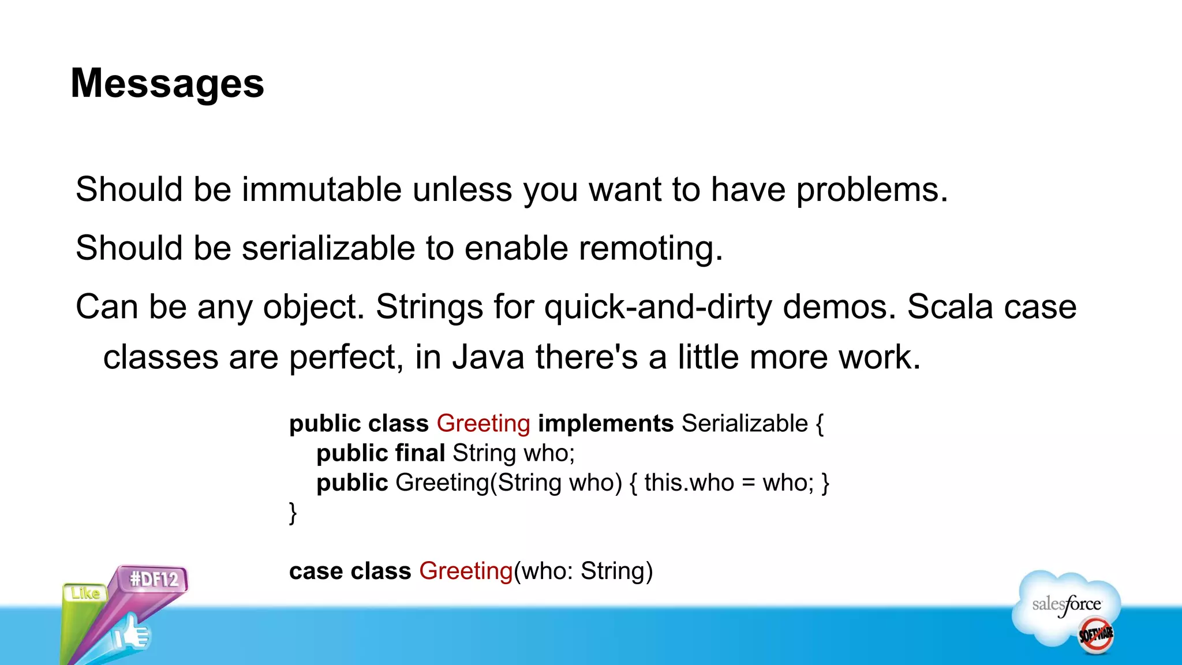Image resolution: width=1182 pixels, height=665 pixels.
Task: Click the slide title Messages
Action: [x=167, y=84]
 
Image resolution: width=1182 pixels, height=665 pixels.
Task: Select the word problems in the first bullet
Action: [x=871, y=189]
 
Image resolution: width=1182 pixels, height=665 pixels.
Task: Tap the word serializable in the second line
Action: [x=328, y=248]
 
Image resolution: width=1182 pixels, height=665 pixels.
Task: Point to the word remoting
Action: [x=650, y=248]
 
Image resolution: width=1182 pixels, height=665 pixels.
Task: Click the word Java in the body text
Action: [x=488, y=357]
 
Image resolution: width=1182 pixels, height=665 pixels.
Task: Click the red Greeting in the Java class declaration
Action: [x=483, y=424]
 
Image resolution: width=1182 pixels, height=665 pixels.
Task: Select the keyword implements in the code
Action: [x=605, y=424]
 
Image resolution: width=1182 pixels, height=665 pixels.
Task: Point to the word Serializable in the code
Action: [x=745, y=424]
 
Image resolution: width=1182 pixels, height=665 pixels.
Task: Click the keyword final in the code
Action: [x=420, y=453]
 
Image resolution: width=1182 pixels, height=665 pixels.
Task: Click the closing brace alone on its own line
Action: [x=293, y=512]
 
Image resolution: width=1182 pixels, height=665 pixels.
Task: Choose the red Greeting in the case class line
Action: [x=466, y=571]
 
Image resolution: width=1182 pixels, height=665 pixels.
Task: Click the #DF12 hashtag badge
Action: [x=154, y=578]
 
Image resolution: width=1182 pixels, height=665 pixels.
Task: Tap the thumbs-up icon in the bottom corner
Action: [x=132, y=633]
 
